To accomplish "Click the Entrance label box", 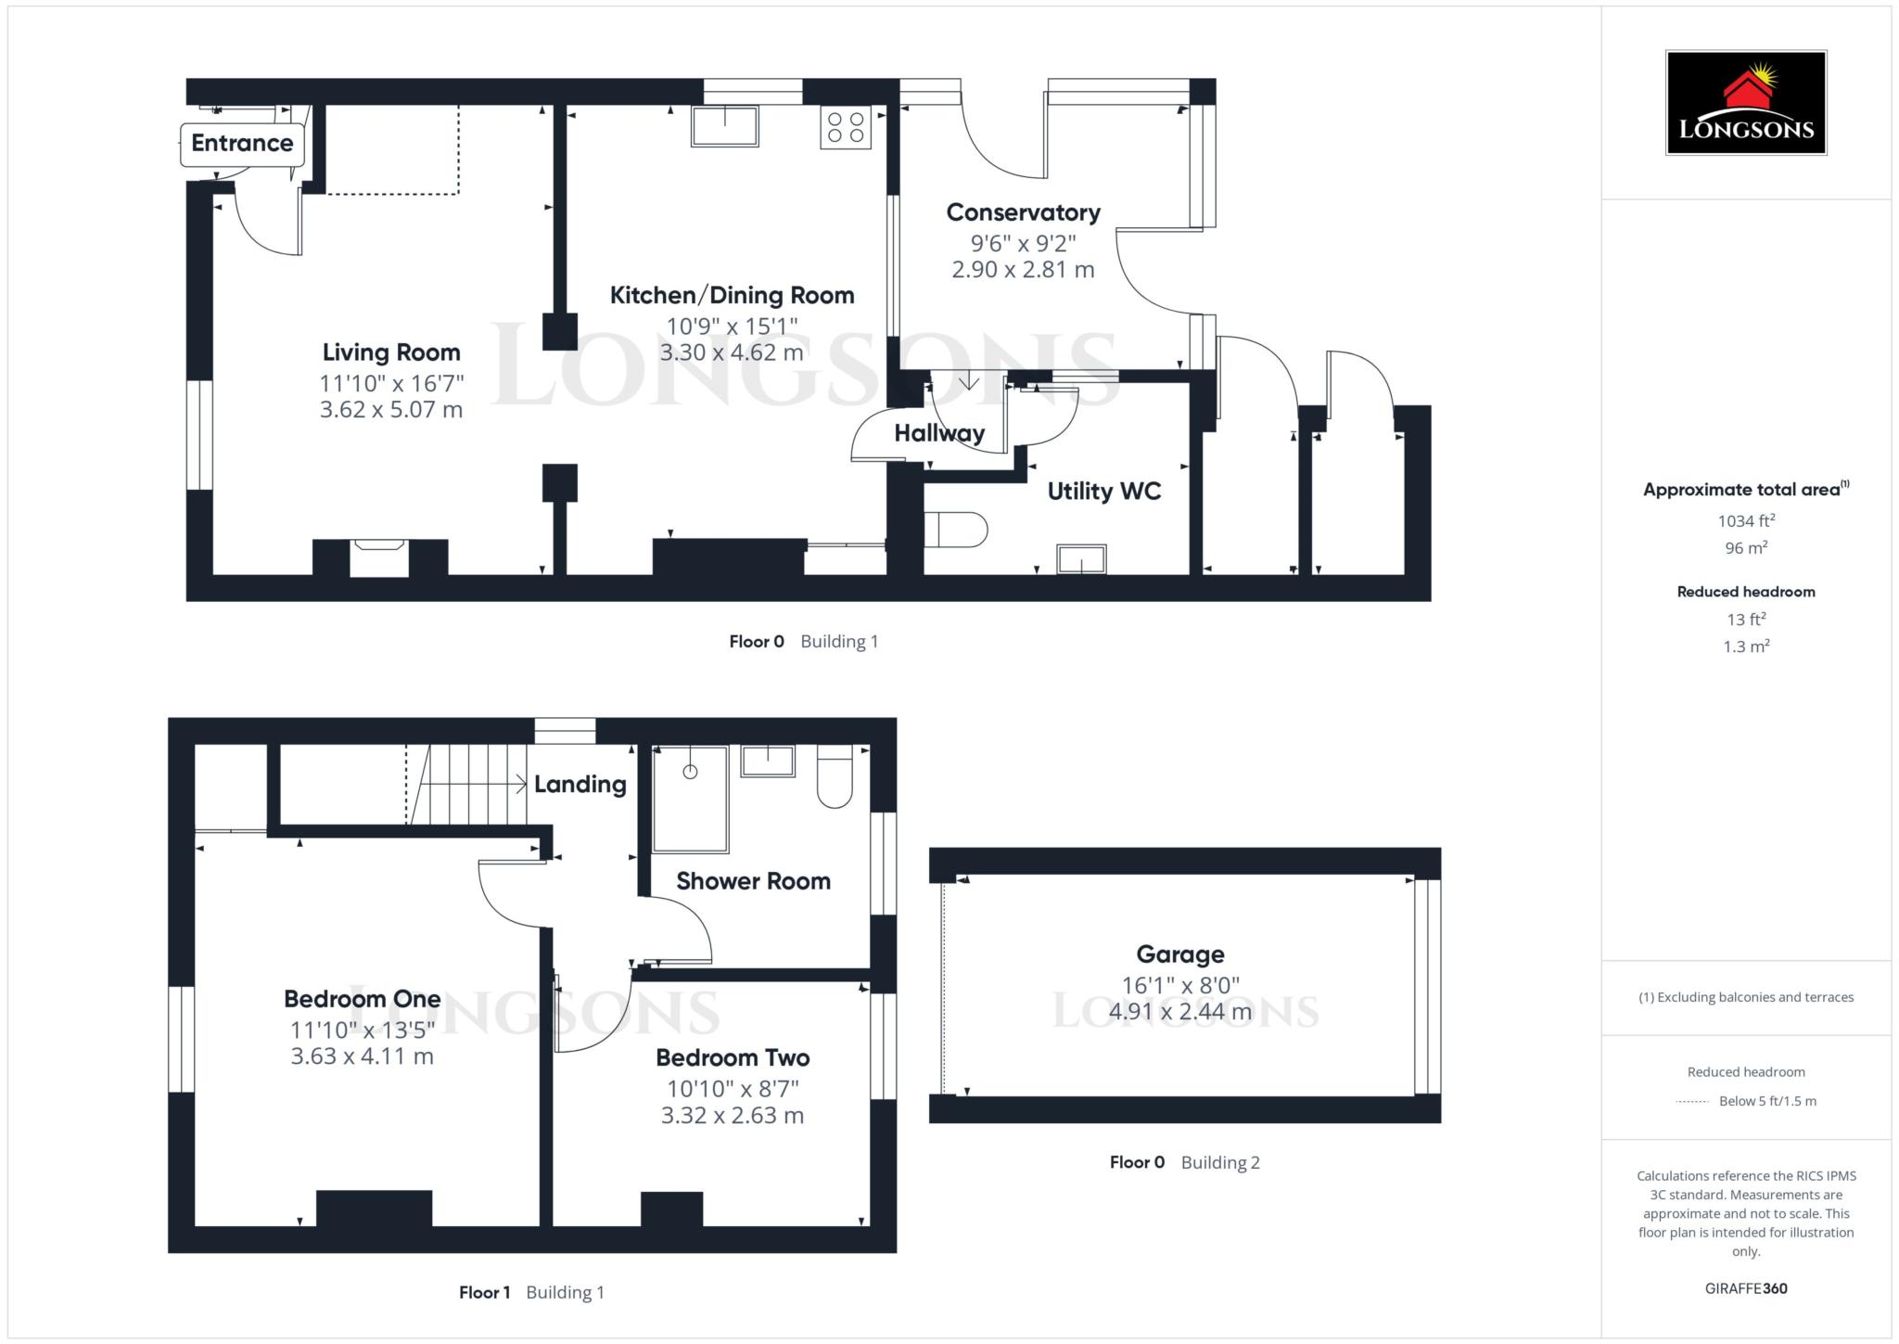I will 242,144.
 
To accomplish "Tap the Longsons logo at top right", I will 1745,103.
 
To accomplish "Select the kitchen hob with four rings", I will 845,127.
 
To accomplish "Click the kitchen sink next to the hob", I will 724,126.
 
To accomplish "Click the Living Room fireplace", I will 379,558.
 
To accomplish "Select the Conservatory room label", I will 1023,212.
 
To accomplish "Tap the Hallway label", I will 938,433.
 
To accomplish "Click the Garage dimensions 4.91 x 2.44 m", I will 1179,1012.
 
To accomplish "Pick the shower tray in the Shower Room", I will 690,800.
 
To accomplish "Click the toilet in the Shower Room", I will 835,777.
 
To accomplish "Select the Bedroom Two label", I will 733,1057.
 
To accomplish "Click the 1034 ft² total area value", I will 1745,521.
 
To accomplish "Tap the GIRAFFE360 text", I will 1745,1288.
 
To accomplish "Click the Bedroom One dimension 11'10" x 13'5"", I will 362,1030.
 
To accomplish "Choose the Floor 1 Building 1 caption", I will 531,1292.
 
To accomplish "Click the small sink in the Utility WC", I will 1081,559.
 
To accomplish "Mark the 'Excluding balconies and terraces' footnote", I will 1745,997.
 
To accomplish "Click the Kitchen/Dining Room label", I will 732,296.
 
